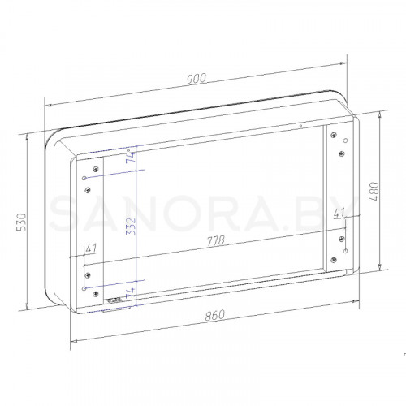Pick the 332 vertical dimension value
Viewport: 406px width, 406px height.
pos(131,229)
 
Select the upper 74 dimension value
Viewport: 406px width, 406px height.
pos(131,158)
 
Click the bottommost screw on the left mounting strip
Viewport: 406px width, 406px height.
pos(97,292)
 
